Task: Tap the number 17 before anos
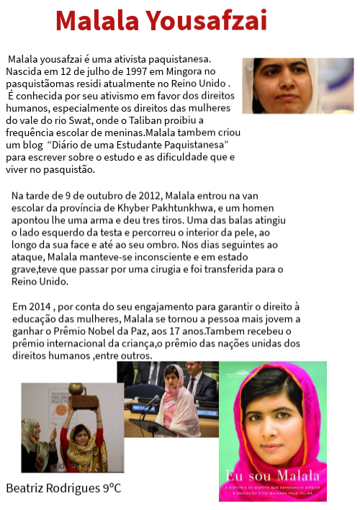point(174,331)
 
